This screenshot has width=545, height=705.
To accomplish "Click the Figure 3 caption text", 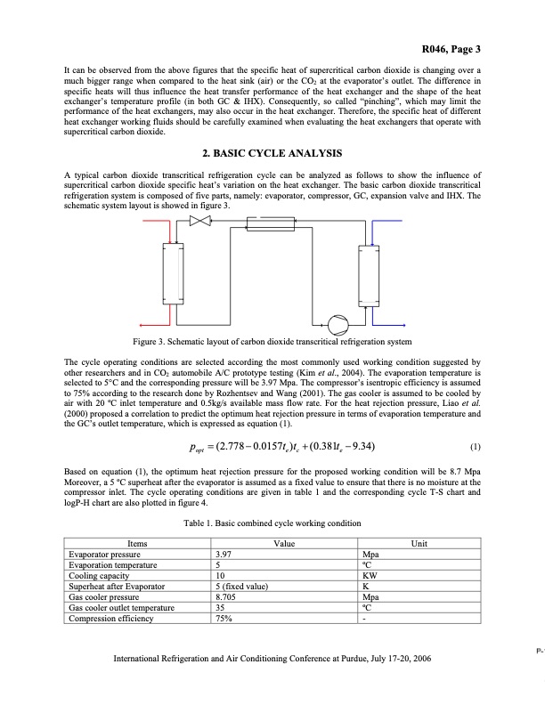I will click(x=272, y=341).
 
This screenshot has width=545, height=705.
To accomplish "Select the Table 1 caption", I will click(x=272, y=524).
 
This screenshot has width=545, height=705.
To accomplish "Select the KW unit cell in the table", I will click(x=362, y=576).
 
